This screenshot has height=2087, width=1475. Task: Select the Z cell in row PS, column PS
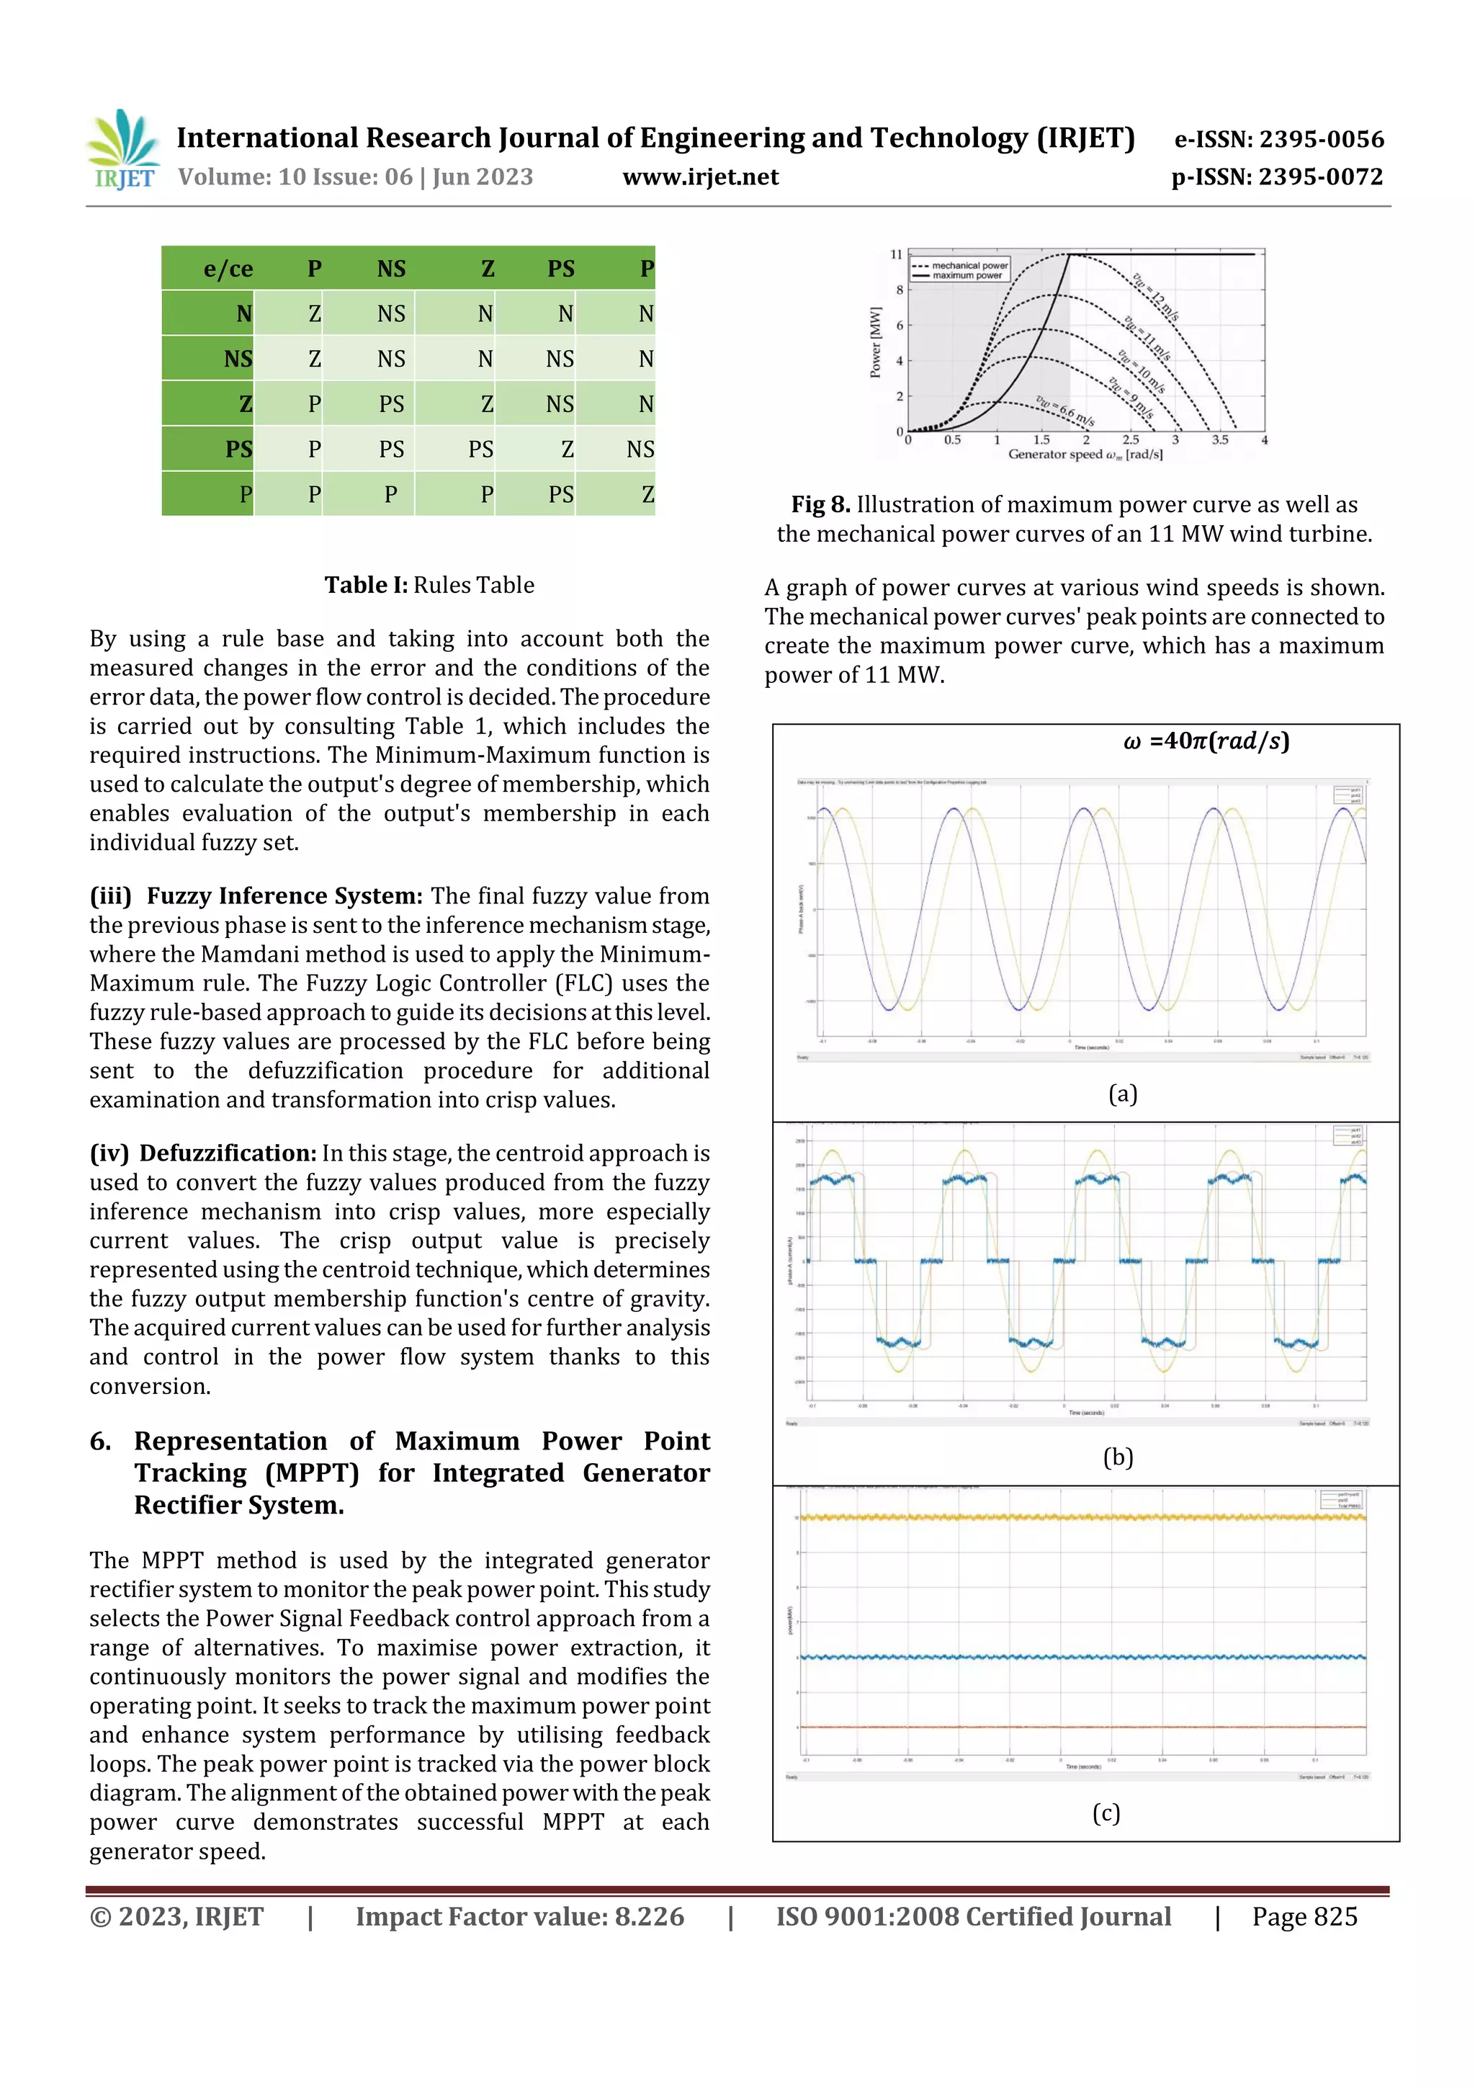point(566,449)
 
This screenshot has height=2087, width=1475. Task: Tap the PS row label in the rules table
point(238,449)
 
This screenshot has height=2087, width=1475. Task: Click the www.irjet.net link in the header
point(700,177)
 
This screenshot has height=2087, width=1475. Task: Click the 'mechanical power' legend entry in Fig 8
point(969,265)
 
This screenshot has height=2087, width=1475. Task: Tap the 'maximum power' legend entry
point(966,275)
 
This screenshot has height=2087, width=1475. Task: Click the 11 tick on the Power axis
point(896,254)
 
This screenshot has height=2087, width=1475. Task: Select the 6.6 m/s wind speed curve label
point(1065,411)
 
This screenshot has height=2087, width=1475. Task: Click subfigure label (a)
point(1122,1094)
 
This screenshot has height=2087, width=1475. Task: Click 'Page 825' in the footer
point(1304,1917)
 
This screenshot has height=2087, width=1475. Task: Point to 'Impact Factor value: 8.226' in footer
point(520,1917)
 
